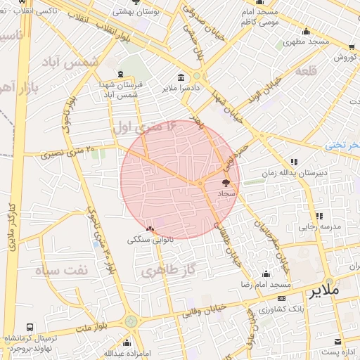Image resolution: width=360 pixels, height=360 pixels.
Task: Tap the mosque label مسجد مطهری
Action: tap(307, 42)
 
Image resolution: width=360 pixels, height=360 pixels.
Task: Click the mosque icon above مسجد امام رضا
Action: tap(266, 274)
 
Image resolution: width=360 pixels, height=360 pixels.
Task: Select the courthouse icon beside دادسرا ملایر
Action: tap(181, 77)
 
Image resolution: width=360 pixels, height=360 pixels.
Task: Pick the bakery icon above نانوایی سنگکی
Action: tap(149, 229)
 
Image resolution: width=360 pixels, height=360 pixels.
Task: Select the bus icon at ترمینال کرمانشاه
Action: tap(30, 328)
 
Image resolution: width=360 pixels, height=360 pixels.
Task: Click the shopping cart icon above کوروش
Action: tap(351, 47)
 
